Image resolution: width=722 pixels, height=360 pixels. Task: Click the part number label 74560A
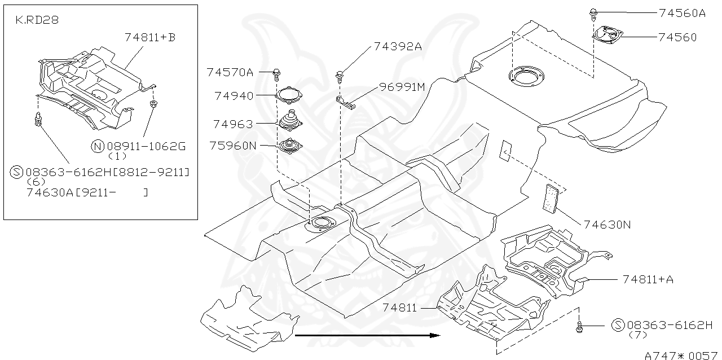[681, 13]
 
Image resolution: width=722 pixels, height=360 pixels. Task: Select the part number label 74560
[677, 37]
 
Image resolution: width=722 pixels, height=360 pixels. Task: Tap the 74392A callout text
[397, 47]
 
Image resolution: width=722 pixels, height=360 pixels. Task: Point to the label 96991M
[401, 87]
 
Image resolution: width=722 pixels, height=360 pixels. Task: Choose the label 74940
[234, 96]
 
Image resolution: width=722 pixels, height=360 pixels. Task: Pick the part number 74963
[233, 124]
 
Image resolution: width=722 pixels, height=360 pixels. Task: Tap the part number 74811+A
[648, 279]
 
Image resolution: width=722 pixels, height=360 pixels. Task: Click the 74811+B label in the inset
[149, 37]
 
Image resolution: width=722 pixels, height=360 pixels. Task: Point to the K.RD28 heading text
[37, 20]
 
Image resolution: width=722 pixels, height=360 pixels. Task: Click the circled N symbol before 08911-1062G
[97, 147]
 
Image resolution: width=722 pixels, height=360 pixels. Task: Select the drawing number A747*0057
[681, 355]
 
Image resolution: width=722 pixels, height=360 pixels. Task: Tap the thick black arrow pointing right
[367, 335]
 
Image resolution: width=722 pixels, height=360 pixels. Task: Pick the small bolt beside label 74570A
[278, 72]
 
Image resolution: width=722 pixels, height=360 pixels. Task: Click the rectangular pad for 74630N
[550, 197]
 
